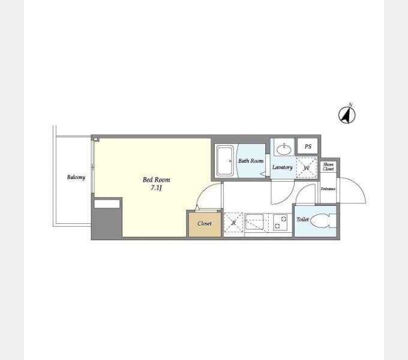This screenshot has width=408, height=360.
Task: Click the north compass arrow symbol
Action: click(x=347, y=115)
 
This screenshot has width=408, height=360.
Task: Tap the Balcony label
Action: click(x=76, y=177)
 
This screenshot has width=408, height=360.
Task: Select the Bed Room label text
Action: click(x=156, y=179)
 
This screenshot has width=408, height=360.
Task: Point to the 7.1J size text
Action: click(x=156, y=188)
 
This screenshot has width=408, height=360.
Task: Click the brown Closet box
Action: click(x=205, y=224)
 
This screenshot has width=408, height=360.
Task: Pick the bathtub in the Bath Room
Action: click(x=224, y=161)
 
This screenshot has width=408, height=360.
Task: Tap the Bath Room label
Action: click(x=251, y=161)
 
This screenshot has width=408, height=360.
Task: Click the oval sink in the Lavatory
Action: click(x=284, y=149)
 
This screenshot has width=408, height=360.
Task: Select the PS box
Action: click(x=308, y=146)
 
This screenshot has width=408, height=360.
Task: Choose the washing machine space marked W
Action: click(x=307, y=167)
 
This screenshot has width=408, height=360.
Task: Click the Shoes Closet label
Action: click(x=328, y=167)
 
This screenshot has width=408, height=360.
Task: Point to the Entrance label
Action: click(x=328, y=189)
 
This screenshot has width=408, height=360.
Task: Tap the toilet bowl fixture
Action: click(x=323, y=221)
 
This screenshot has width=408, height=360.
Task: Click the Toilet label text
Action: click(x=302, y=220)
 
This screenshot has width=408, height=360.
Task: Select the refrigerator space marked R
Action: click(x=233, y=223)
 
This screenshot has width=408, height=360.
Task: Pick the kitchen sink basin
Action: click(x=254, y=222)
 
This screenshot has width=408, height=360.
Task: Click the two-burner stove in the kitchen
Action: click(x=280, y=222)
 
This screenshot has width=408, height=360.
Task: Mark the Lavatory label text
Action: click(x=283, y=167)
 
